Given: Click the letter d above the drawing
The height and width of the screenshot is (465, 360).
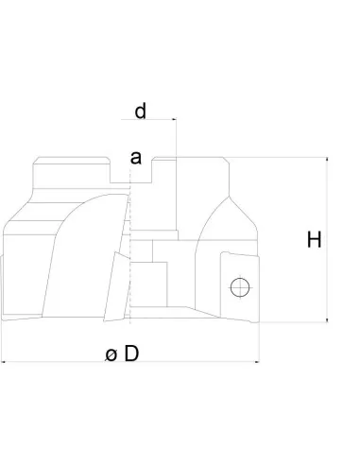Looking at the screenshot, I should (140, 112).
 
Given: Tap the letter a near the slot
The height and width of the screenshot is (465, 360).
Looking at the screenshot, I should (136, 158).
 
